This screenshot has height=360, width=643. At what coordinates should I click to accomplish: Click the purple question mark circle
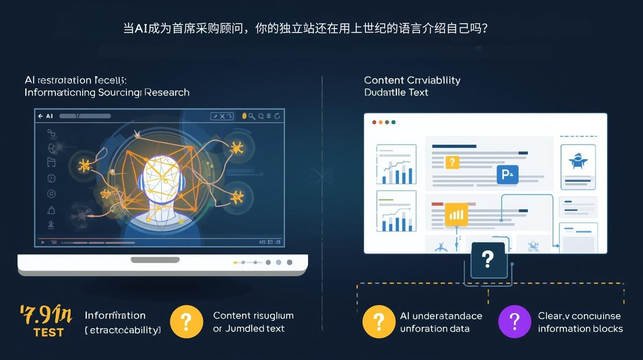click(x=515, y=321)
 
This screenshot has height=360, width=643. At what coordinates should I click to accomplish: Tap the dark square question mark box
click(x=488, y=260)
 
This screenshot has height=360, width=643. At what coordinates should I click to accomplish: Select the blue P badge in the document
click(x=507, y=174)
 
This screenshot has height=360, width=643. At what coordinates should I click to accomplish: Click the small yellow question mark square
click(x=452, y=162)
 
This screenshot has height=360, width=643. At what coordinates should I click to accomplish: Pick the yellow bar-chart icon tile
click(x=456, y=215)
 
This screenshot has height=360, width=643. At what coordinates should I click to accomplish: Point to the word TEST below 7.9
click(x=49, y=333)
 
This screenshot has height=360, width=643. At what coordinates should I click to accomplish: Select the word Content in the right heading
click(x=384, y=80)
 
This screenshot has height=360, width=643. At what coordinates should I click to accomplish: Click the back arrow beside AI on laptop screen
click(x=41, y=116)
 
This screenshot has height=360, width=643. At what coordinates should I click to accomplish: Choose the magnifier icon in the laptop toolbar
click(x=252, y=116)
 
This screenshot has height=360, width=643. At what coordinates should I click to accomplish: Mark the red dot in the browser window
click(x=375, y=122)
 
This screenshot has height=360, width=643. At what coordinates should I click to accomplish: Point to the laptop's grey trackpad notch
click(x=155, y=260)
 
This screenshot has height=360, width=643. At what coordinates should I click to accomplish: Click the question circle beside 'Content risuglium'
click(x=186, y=321)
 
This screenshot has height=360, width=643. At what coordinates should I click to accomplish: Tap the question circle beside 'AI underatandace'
click(x=379, y=321)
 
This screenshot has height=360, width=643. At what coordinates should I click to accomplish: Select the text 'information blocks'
click(x=580, y=329)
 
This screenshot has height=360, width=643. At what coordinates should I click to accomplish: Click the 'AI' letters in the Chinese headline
click(x=141, y=29)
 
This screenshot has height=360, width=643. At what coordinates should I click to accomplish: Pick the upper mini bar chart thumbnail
click(x=396, y=164)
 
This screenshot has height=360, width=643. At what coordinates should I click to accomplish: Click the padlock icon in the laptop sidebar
click(x=51, y=210)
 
